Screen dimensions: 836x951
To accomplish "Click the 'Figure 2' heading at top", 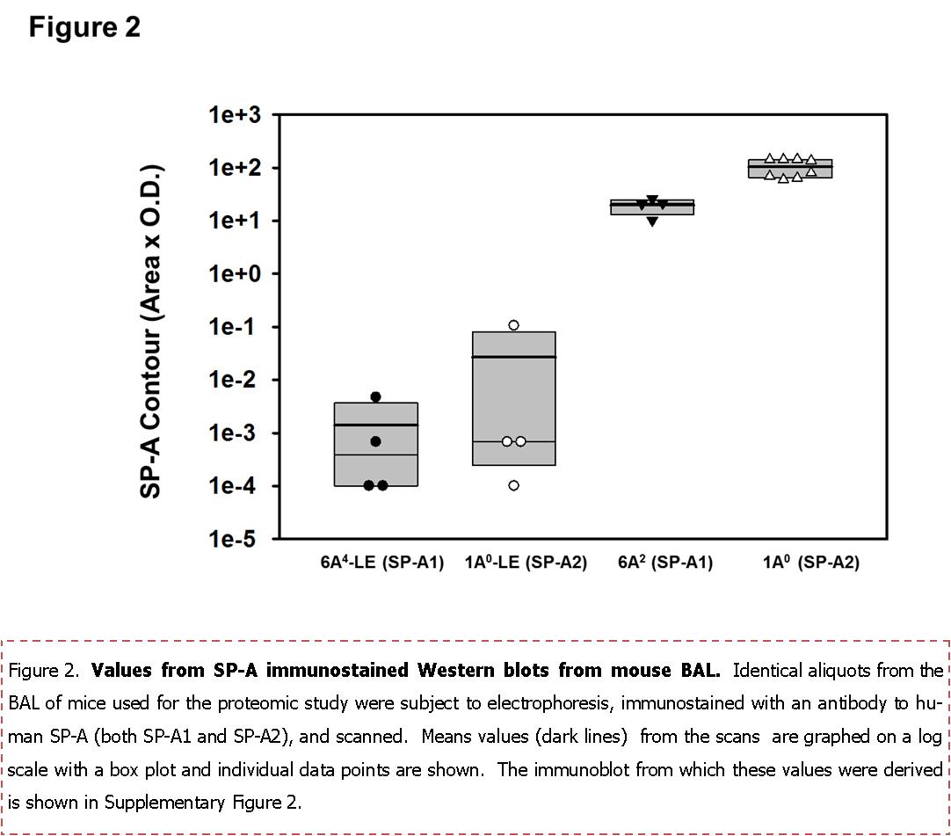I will tap(84, 26).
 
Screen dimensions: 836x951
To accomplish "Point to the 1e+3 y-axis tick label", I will tap(233, 115).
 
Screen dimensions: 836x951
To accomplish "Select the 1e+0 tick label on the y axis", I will tap(233, 273).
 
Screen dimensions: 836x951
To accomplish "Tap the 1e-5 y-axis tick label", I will tap(235, 539).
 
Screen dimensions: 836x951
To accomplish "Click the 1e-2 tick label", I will tap(235, 380).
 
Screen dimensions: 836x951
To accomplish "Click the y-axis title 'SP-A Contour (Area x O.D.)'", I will tap(152, 331).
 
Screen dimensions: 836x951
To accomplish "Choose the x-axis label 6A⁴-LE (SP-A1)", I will tap(382, 563).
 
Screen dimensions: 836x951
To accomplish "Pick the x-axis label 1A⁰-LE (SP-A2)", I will tap(526, 563).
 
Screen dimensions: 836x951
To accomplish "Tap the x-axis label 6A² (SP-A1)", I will tap(665, 563).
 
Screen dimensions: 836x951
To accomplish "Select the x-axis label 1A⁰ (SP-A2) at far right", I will tap(810, 563).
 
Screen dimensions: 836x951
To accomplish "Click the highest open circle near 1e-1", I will tap(513, 325).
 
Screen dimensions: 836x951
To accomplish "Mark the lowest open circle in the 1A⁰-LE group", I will tap(513, 485).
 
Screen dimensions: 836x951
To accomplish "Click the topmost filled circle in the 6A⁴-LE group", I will tap(375, 396).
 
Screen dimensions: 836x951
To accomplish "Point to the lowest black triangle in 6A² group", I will tap(652, 222).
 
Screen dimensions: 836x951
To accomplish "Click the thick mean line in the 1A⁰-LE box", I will tap(513, 357).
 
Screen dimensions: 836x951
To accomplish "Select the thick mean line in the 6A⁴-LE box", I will tap(375, 425).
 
